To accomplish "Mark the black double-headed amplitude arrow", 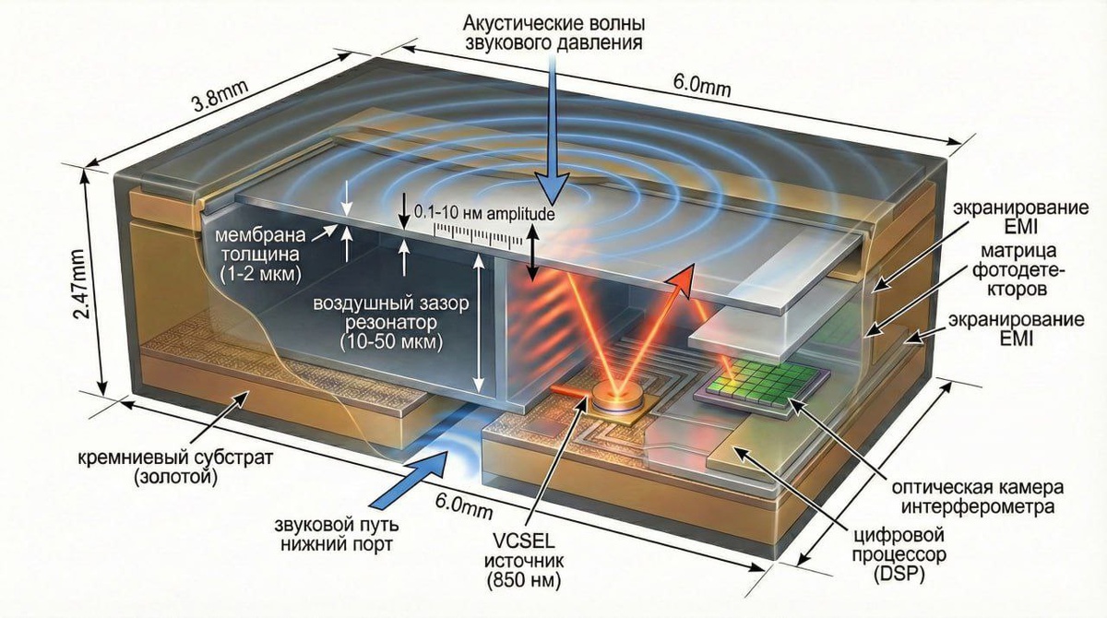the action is point(532,247).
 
